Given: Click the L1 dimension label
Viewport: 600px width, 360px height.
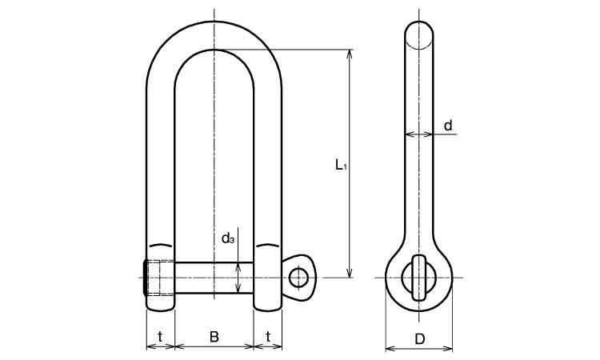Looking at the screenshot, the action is tap(341, 166).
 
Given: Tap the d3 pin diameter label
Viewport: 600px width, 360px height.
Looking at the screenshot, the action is tap(228, 238).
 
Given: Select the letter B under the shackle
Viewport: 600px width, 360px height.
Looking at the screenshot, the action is tap(214, 337).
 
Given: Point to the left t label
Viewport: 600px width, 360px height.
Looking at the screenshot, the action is tap(160, 337).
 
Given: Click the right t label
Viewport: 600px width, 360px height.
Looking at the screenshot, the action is tap(268, 337).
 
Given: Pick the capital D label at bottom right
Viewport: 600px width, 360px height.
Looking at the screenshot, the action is tap(420, 339).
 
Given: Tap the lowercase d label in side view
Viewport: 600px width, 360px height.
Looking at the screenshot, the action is tap(448, 125).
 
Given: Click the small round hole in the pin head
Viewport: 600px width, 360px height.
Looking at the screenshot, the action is tap(298, 278).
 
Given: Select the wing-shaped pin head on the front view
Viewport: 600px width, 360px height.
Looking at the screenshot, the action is tap(299, 278).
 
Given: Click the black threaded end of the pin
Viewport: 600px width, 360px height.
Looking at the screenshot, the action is tap(145, 278).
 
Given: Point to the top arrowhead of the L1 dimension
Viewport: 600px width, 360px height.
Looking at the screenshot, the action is tap(349, 54).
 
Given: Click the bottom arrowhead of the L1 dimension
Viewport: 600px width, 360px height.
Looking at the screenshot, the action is tap(349, 273).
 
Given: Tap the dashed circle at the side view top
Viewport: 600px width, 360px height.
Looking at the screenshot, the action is tap(419, 35).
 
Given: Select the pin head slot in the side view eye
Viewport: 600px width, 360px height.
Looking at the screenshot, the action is tap(419, 278).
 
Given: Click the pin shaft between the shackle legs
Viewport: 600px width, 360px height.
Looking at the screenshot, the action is tap(214, 278).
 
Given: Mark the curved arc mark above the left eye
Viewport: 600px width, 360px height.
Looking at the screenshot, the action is tap(161, 245).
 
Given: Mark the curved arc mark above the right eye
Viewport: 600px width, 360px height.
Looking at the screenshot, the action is tap(268, 245).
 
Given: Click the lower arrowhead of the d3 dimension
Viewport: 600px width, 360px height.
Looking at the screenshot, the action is tap(238, 289).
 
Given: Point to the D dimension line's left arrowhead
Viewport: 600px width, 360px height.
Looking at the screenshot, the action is tap(390, 349).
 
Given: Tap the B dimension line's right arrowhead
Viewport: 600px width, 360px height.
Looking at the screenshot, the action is tap(249, 346).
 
